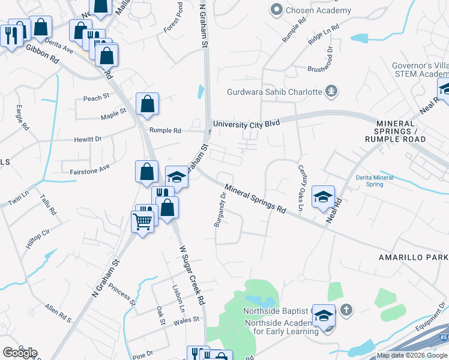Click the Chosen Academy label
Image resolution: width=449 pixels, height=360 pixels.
click(318, 10)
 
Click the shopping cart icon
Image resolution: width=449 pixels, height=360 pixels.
click(142, 222)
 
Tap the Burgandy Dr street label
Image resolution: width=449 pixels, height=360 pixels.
click(220, 209)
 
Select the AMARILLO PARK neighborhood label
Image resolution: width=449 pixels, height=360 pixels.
click(413, 257)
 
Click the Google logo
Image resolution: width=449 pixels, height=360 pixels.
click(20, 353)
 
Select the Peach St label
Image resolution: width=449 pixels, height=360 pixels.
click(96, 97)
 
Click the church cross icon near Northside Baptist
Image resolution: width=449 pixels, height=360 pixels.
click(345, 310)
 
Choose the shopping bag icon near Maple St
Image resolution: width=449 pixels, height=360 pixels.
click(147, 104)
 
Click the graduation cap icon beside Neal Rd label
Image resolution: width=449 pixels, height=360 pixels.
click(323, 197)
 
